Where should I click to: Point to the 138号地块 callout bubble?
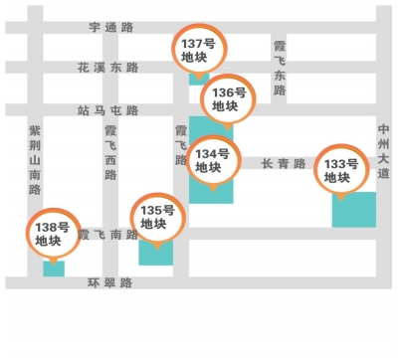(50, 234)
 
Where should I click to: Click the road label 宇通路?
(110, 28)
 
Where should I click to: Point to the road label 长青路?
(283, 163)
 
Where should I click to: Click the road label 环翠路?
(109, 282)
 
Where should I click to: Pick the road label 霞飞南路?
(108, 235)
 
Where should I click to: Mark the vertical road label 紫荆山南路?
(35, 159)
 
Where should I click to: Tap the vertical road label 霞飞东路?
(280, 68)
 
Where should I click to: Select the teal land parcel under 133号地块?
(354, 211)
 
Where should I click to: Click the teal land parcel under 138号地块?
(54, 268)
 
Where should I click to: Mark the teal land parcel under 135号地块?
(156, 251)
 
